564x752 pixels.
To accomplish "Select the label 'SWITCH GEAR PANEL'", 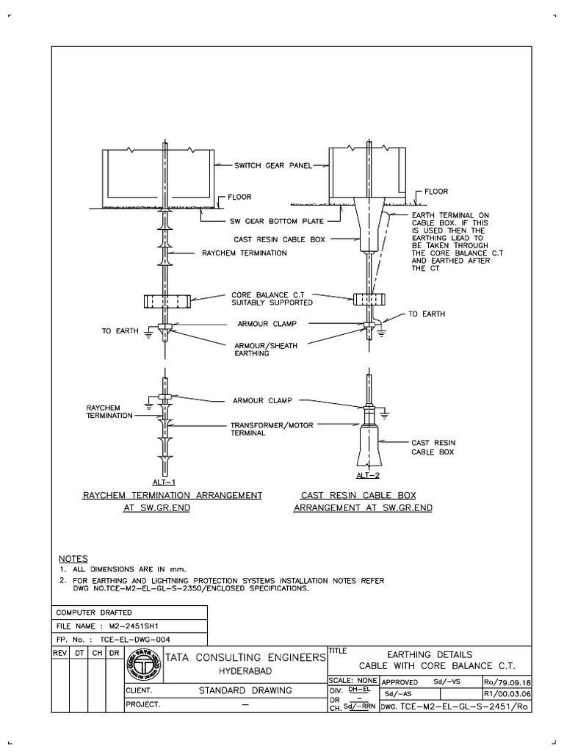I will (x=273, y=165).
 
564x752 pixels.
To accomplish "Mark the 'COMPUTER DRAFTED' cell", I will (x=94, y=612).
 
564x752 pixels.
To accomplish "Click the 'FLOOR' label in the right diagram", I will (x=439, y=191).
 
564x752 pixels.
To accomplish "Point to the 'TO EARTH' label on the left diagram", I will (x=120, y=331).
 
